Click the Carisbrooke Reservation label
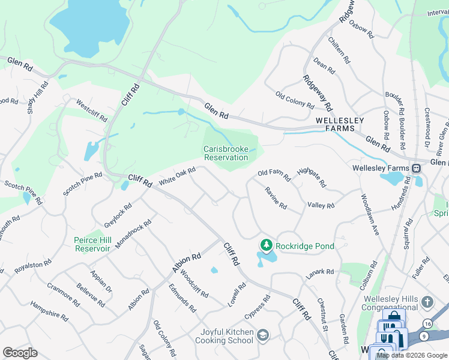(226, 153)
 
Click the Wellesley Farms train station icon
(416, 168)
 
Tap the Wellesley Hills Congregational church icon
(427, 301)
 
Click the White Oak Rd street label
(177, 176)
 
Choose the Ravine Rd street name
(276, 197)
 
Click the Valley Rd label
(321, 205)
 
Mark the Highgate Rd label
(311, 176)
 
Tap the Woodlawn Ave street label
(370, 214)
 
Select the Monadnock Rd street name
(133, 234)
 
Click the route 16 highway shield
(427, 323)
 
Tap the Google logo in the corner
(20, 353)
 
